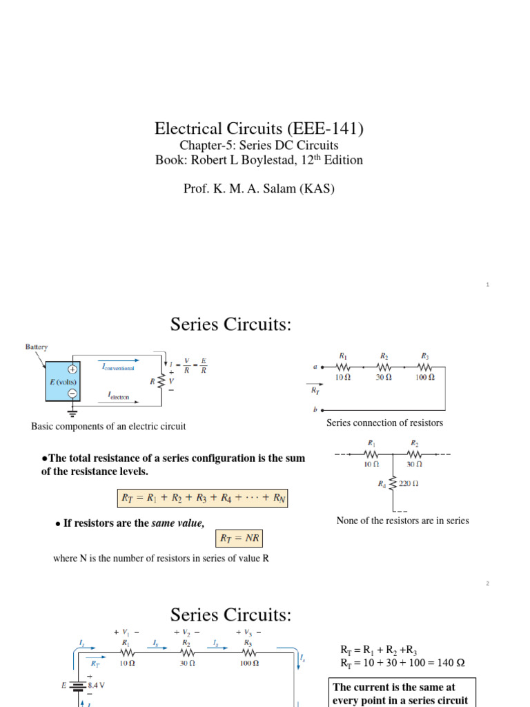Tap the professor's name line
tap(259, 188)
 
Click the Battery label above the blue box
tap(37, 347)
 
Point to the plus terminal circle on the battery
tap(72, 369)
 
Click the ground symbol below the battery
tap(72, 413)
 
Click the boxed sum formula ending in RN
tap(201, 496)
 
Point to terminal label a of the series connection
tap(315, 367)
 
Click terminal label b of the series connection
tap(315, 409)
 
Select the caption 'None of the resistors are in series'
tap(402, 521)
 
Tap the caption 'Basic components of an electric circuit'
tap(108, 426)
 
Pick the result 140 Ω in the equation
tap(451, 663)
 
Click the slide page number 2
tap(487, 583)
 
